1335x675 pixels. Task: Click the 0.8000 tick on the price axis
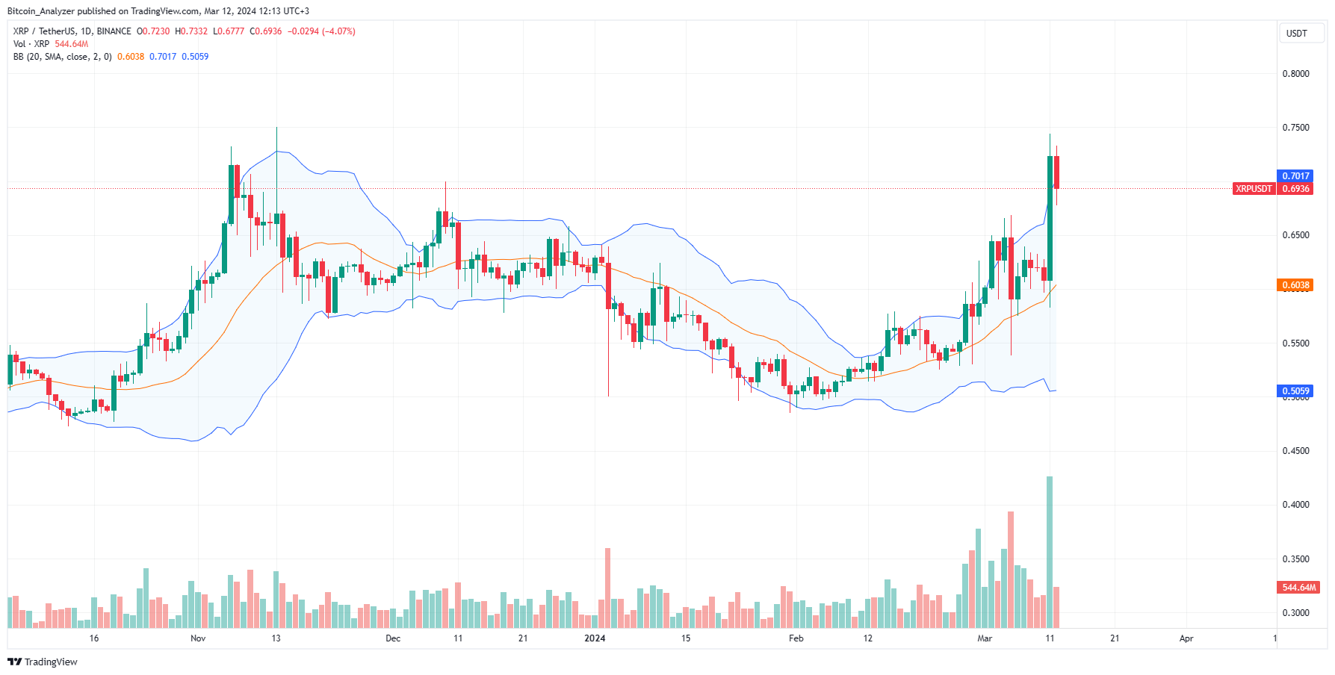coord(1295,74)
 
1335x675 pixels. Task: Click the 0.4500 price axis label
coord(1295,451)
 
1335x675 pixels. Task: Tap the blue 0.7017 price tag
coord(1295,176)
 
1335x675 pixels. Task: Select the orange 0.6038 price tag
coord(1295,285)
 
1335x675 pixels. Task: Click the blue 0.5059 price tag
coord(1295,391)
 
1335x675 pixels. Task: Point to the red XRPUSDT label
coord(1253,189)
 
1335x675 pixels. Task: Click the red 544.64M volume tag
coord(1298,588)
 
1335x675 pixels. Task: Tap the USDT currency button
coord(1296,34)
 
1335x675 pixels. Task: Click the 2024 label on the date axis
coord(595,638)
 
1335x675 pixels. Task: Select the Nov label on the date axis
coord(198,638)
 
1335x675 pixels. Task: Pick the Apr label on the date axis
coord(1186,638)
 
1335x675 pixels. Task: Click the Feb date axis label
coord(796,638)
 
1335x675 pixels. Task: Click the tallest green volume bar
coord(1050,553)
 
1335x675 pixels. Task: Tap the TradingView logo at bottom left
coord(43,662)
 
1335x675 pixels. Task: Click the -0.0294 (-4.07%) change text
coord(321,31)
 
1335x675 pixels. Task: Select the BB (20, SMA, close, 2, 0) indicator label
coord(62,57)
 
